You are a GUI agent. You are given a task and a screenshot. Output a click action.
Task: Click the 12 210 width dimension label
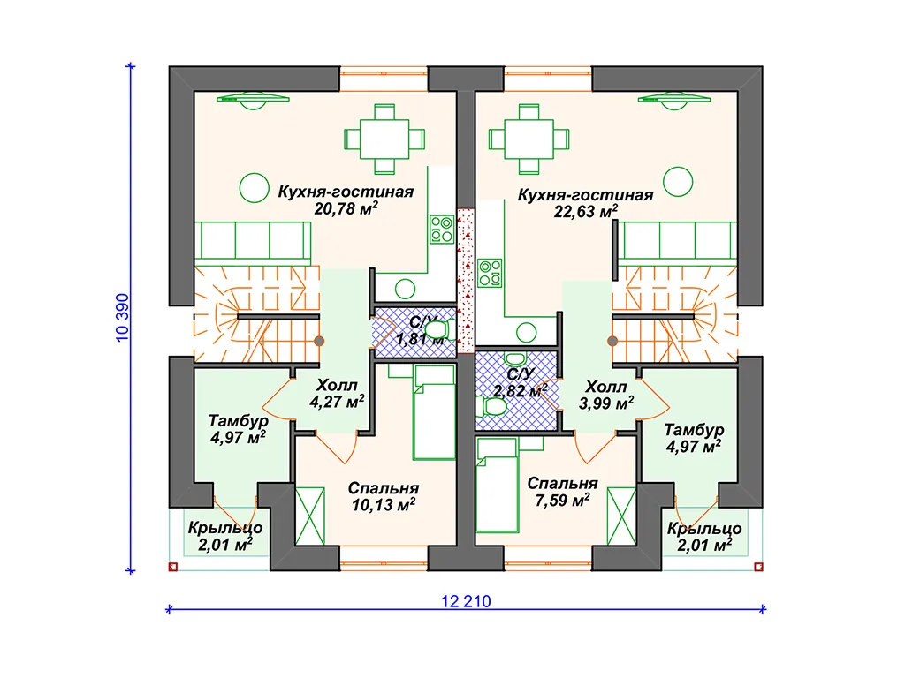(x=466, y=601)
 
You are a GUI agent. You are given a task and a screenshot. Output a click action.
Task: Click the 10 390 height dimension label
(x=122, y=318)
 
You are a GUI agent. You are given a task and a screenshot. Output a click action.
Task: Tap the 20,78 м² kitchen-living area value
(x=346, y=208)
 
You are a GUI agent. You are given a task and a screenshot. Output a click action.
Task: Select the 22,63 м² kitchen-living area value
(x=585, y=212)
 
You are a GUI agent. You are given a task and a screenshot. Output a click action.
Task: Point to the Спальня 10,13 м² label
(x=384, y=496)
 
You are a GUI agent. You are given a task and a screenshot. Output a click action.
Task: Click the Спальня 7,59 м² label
(x=562, y=492)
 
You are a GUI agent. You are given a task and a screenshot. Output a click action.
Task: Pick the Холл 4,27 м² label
(x=337, y=393)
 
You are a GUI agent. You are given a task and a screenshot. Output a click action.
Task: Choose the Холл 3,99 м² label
(x=606, y=395)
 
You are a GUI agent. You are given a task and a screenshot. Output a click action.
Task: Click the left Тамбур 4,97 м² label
(x=239, y=429)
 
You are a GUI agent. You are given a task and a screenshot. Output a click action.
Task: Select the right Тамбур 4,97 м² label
(x=694, y=438)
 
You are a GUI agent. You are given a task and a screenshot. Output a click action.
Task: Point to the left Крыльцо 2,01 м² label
(x=225, y=536)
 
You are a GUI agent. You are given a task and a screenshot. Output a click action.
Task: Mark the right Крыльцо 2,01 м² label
(x=704, y=537)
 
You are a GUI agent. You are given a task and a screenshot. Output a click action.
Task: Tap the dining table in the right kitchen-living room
(x=529, y=139)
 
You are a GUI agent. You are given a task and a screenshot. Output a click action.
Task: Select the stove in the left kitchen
(x=442, y=229)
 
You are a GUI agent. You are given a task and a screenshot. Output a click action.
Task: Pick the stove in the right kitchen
(x=490, y=274)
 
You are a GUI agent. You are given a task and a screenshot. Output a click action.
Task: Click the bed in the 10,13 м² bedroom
(x=434, y=413)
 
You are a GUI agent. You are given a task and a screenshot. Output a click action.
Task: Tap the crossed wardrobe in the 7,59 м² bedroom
(x=621, y=516)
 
